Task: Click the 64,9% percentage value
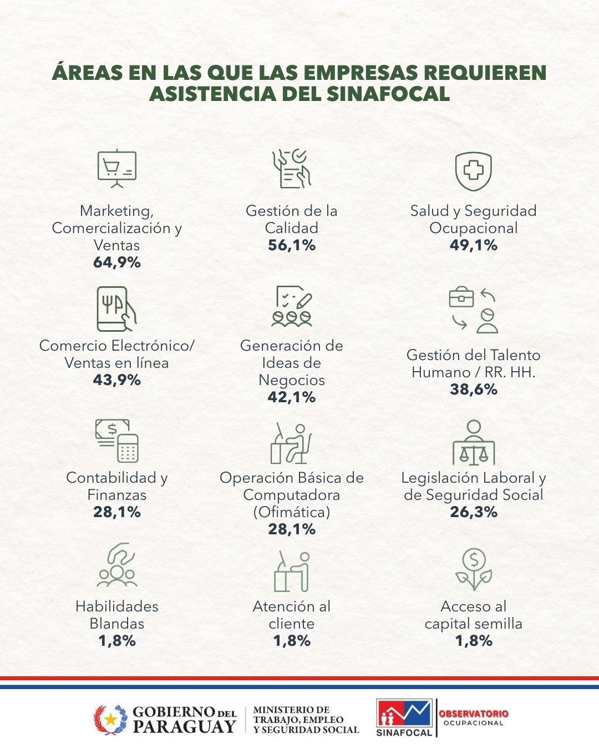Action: [x=116, y=262]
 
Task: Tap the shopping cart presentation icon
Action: [x=116, y=168]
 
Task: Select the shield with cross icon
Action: [x=473, y=170]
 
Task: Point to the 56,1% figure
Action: [x=292, y=245]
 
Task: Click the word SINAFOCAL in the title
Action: [x=388, y=93]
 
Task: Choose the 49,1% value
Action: [x=473, y=245]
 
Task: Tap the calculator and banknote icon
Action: [x=116, y=441]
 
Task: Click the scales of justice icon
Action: [x=473, y=444]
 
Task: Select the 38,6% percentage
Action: [x=473, y=389]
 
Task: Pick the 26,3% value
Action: [x=473, y=512]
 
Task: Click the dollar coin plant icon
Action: [x=473, y=569]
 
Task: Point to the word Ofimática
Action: [x=292, y=512]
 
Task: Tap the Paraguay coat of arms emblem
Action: [x=110, y=720]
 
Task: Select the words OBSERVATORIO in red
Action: [x=473, y=713]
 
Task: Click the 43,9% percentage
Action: [x=116, y=380]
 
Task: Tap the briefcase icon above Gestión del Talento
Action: [x=461, y=298]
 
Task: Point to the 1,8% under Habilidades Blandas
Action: [x=116, y=641]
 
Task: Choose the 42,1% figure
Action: [x=292, y=397]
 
